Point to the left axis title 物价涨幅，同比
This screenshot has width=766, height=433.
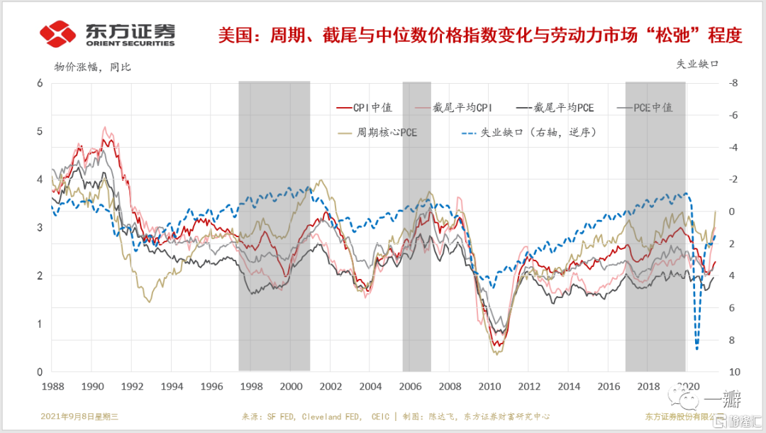(93, 67)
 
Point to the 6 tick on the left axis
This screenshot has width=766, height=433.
(40, 83)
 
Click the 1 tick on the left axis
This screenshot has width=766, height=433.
(40, 324)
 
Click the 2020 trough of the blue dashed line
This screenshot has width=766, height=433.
(697, 349)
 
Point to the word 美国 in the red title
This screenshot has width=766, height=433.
(239, 34)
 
